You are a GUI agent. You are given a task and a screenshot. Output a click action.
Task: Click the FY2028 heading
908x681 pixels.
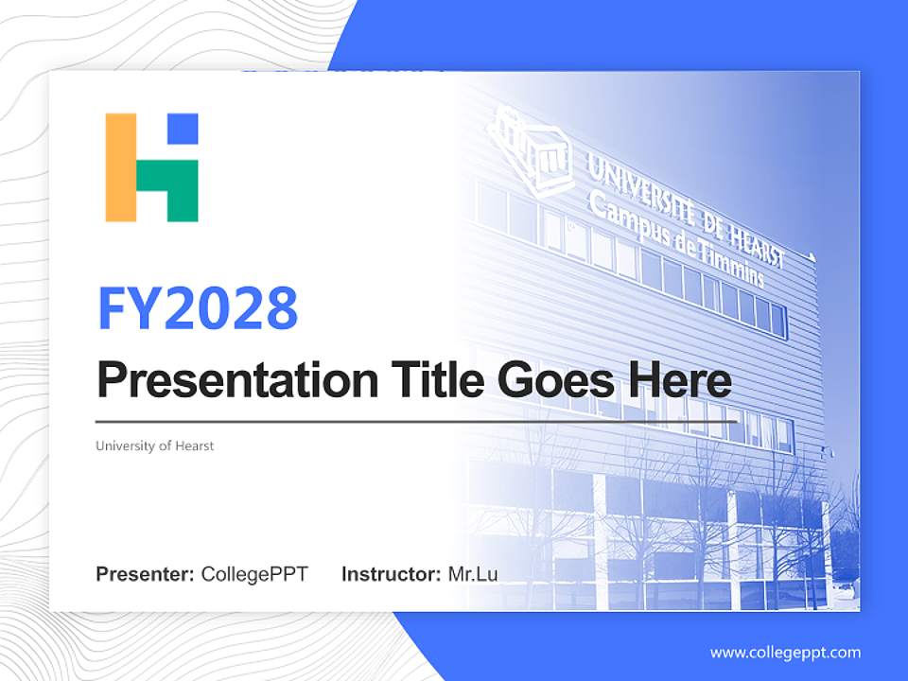(x=198, y=306)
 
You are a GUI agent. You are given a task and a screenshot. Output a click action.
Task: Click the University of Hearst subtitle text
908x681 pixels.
(x=154, y=445)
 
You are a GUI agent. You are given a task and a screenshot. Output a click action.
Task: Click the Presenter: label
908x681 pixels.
(x=145, y=574)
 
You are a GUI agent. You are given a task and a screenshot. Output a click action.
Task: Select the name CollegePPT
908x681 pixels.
(x=254, y=574)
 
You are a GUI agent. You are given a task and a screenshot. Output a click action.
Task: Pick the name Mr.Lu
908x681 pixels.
(x=473, y=574)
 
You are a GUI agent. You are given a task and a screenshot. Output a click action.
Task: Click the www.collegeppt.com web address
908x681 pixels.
(x=785, y=653)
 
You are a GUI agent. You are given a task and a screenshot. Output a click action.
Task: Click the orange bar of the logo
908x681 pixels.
(x=121, y=167)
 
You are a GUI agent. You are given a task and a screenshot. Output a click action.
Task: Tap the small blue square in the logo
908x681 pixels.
(x=183, y=129)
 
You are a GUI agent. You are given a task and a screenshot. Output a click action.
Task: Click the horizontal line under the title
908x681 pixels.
(x=416, y=421)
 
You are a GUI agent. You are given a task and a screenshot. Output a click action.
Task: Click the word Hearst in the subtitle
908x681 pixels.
(x=194, y=445)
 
